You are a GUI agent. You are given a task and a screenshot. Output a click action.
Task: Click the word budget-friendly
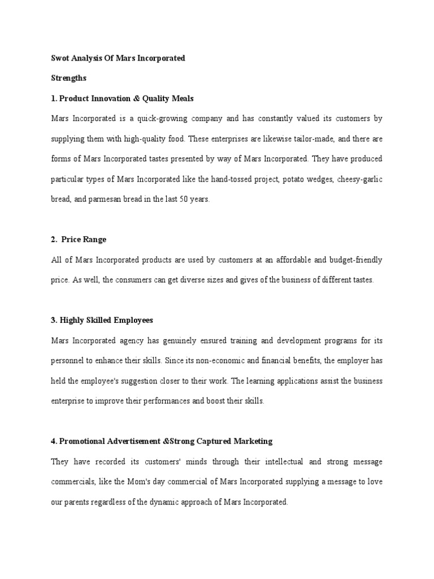coord(354,260)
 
